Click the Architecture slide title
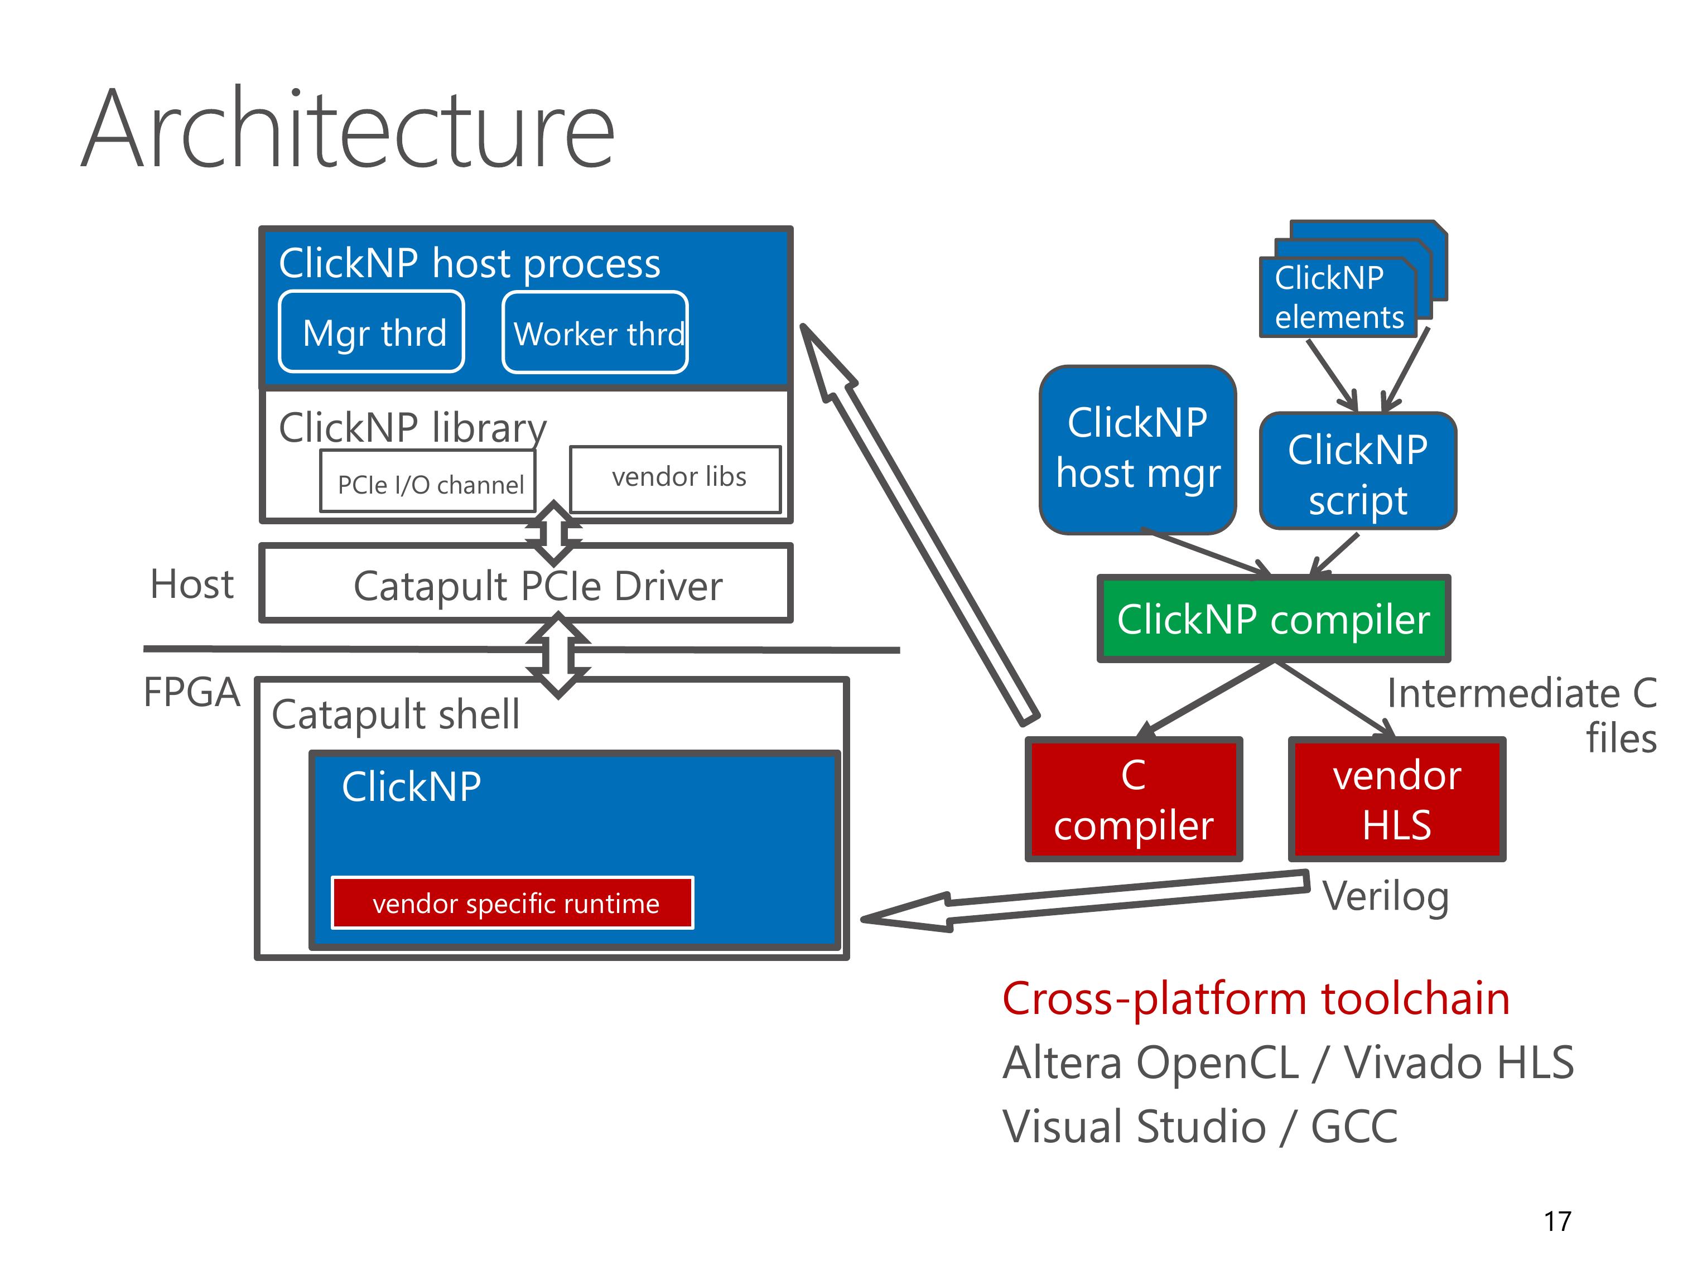click(348, 129)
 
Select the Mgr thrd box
click(371, 332)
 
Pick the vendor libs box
click(675, 479)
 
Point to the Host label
click(192, 584)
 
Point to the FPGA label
click(191, 692)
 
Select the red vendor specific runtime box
click(513, 903)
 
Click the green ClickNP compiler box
click(1274, 619)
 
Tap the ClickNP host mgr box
click(1137, 450)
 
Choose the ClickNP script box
click(1357, 471)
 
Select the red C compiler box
click(1134, 799)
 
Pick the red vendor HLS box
click(1397, 799)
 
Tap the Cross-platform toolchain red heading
click(1256, 999)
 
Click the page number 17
click(1557, 1221)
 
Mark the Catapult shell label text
click(395, 714)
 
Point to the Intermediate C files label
click(1522, 715)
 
